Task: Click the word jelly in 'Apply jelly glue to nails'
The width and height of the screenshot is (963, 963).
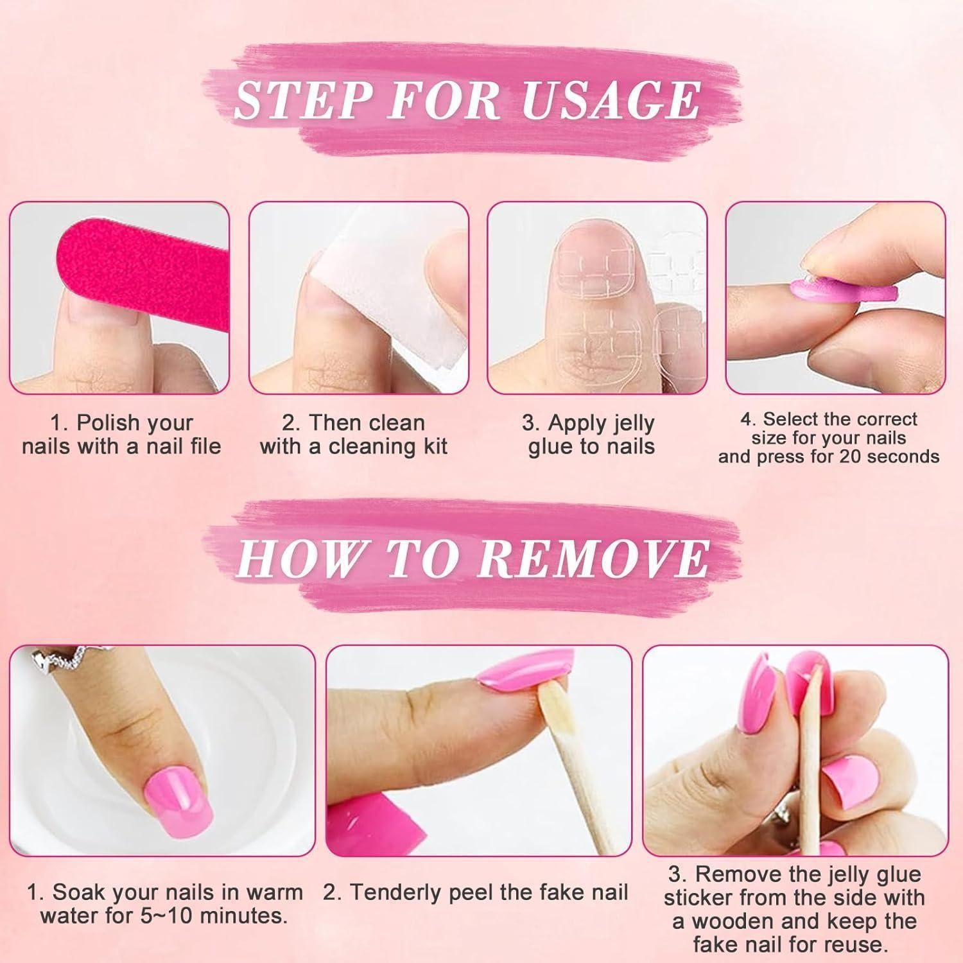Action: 632,424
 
